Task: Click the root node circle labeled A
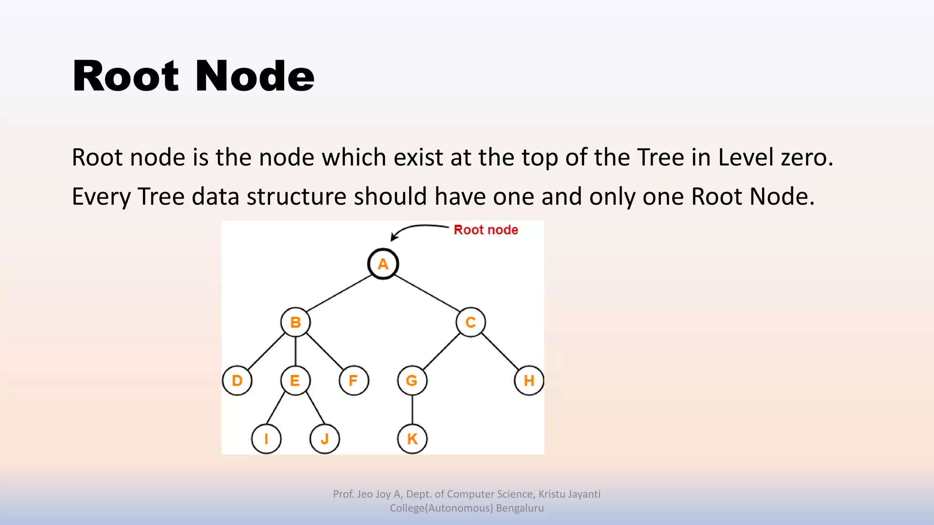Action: click(x=383, y=264)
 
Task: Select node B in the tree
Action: click(x=296, y=322)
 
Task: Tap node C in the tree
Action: click(x=471, y=322)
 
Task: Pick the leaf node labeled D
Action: click(x=237, y=381)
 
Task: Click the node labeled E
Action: click(x=295, y=381)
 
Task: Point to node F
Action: click(x=354, y=381)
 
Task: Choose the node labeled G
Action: click(x=412, y=381)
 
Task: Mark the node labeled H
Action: click(x=529, y=381)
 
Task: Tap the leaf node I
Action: click(x=266, y=439)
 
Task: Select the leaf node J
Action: click(x=325, y=439)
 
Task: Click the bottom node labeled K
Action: click(x=412, y=439)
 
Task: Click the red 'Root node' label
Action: click(x=486, y=230)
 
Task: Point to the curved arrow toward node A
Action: click(x=415, y=228)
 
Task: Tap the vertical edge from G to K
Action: click(x=412, y=410)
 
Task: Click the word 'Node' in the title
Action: click(x=255, y=76)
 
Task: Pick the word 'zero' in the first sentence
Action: click(x=807, y=158)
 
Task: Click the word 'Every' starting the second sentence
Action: click(x=101, y=197)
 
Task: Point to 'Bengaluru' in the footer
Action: click(x=520, y=508)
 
